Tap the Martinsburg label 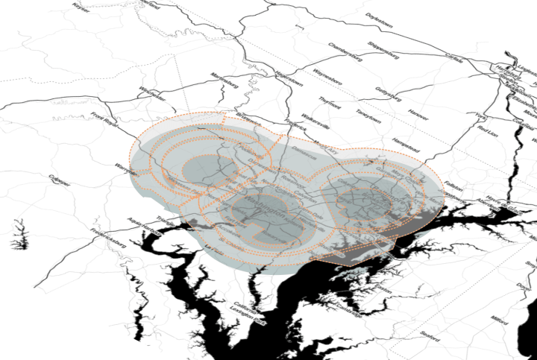point(209,77)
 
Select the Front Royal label point(104,119)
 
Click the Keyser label point(80,5)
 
